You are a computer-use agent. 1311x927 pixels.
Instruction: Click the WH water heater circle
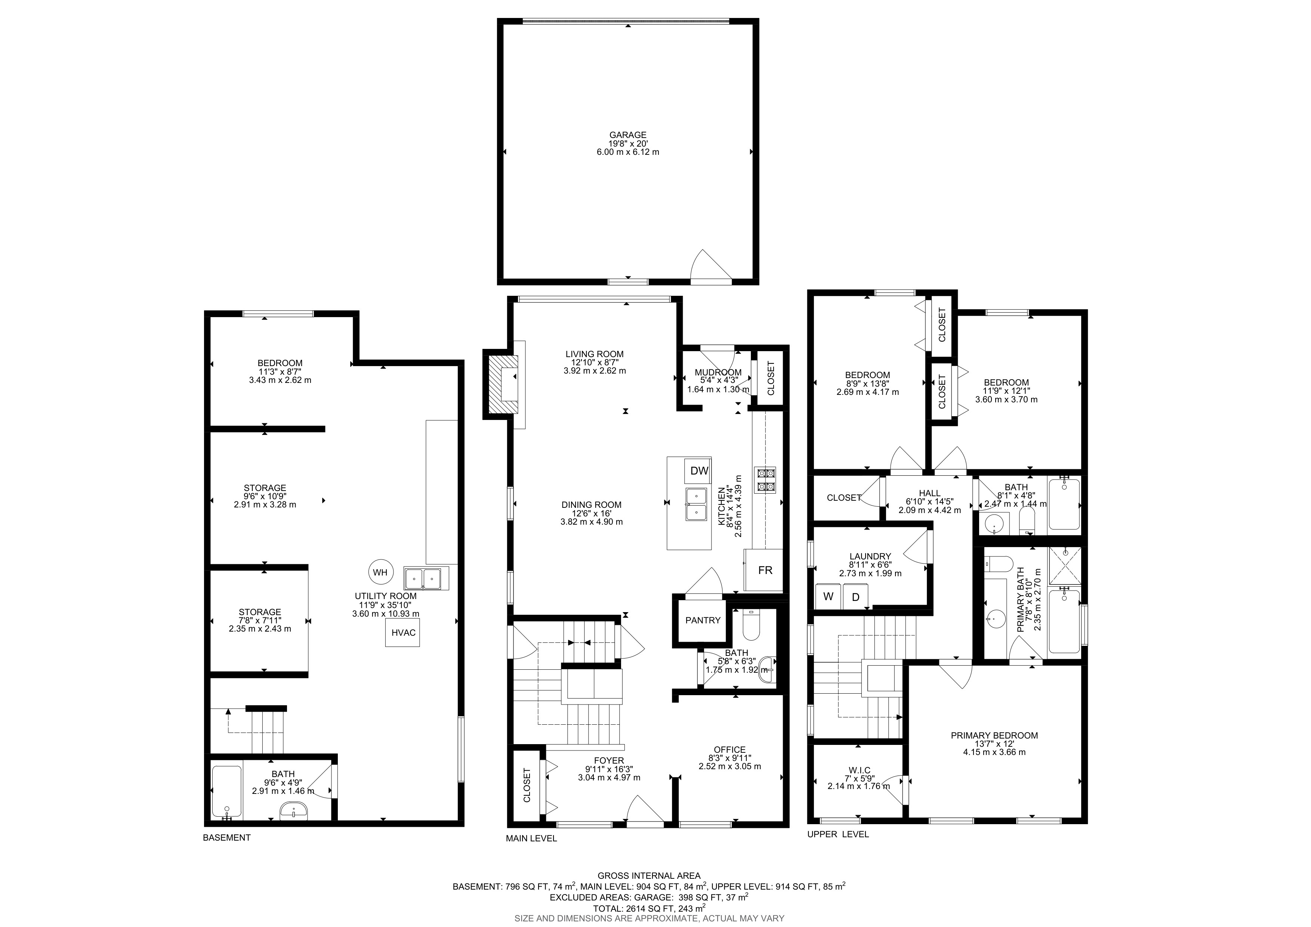click(x=380, y=572)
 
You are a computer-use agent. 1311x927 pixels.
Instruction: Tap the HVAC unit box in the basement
click(x=402, y=633)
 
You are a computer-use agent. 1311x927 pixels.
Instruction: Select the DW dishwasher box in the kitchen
click(x=699, y=471)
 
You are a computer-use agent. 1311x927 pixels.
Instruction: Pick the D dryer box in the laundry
click(x=855, y=597)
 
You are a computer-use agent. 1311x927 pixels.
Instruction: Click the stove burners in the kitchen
click(x=765, y=480)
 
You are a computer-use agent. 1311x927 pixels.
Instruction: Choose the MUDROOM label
click(x=718, y=372)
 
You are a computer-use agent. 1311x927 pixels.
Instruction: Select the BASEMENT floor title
click(x=227, y=837)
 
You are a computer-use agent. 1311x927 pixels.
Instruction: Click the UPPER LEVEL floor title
click(x=838, y=834)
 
